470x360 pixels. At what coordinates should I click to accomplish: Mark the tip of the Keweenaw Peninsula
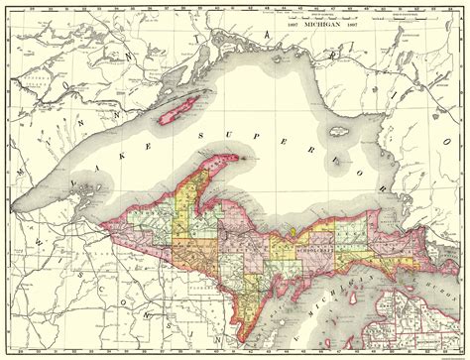pyautogui.click(x=243, y=155)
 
